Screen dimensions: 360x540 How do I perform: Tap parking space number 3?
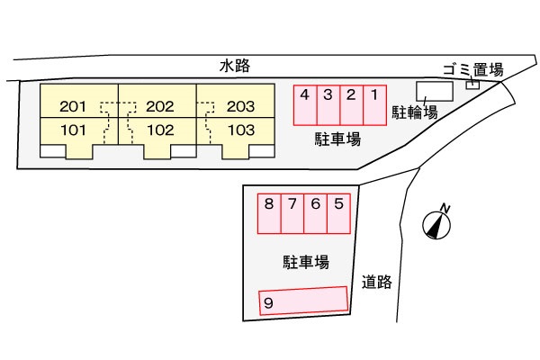click(x=328, y=104)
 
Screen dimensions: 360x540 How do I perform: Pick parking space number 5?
click(x=338, y=213)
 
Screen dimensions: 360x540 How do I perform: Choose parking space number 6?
click(x=316, y=213)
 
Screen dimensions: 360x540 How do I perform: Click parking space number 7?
click(x=292, y=213)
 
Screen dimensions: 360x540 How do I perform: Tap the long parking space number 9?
click(x=303, y=300)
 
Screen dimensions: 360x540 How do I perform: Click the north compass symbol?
click(x=438, y=222)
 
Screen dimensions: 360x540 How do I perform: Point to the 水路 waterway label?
click(x=234, y=66)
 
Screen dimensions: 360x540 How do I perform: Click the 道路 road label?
click(x=378, y=282)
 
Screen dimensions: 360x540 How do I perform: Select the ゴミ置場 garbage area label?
click(x=472, y=70)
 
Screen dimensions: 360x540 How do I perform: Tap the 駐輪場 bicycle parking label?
click(x=415, y=112)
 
